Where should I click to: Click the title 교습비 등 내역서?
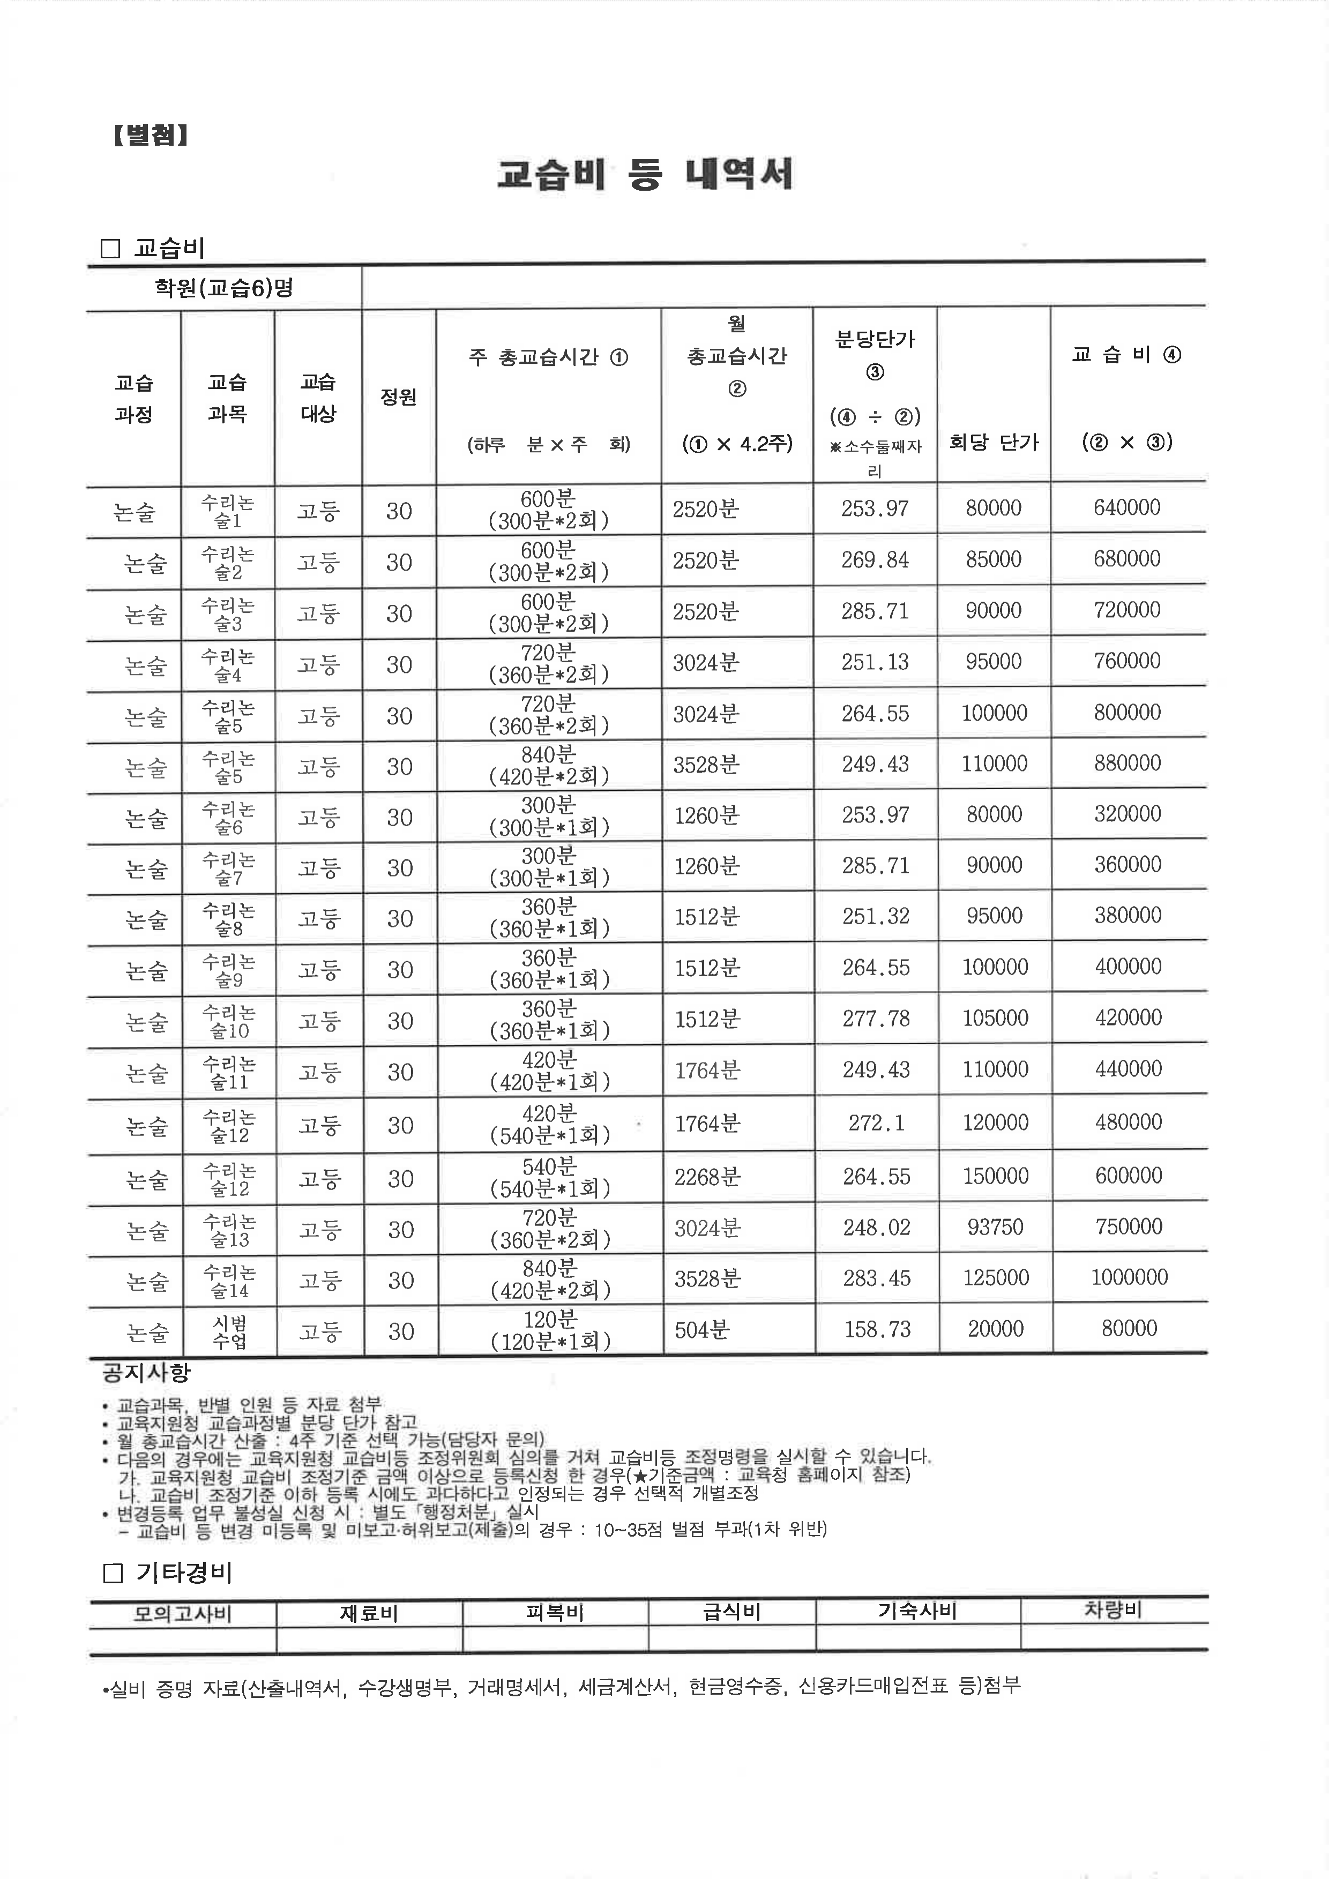pos(645,174)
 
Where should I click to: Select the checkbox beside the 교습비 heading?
pos(110,249)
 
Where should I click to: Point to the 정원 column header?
pos(399,397)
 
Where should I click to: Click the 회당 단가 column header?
pos(994,443)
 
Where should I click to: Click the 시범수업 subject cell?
pos(229,1331)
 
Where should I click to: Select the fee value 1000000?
pos(1129,1277)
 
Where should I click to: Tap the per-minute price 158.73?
pos(877,1329)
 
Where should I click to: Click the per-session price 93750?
pos(995,1227)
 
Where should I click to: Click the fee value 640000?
pos(1127,507)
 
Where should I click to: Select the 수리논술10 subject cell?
pos(229,1021)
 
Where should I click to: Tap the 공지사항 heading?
pos(146,1373)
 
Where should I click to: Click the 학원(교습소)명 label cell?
pos(223,288)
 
